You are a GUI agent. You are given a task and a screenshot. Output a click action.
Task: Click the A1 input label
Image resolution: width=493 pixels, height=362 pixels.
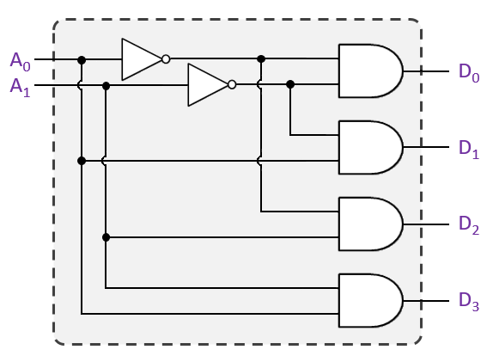coord(20,86)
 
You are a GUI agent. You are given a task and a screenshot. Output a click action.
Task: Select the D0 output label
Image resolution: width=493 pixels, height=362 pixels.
coord(468,71)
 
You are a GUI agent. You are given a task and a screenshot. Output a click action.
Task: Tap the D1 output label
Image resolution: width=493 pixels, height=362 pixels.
coord(468,147)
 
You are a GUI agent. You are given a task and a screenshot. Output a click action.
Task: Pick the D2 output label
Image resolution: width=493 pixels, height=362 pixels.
coord(468,224)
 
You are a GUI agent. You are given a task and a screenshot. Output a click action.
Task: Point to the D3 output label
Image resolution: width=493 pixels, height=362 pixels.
coord(468,301)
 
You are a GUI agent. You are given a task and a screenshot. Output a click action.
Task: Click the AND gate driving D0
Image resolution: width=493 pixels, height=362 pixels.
coord(369,71)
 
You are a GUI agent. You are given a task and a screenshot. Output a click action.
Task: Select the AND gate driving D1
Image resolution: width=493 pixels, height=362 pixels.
coord(369,147)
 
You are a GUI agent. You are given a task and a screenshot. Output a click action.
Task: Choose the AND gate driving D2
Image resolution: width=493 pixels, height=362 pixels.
coord(369,224)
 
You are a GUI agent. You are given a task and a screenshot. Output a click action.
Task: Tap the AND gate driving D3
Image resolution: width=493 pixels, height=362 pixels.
coord(369,301)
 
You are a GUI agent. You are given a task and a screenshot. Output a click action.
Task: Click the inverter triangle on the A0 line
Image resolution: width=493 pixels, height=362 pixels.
coord(140,59)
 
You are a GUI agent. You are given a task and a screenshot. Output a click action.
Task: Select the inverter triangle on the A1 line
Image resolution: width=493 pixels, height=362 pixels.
coord(207,85)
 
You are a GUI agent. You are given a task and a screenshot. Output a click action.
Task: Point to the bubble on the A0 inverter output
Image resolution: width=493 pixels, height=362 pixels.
coord(166,59)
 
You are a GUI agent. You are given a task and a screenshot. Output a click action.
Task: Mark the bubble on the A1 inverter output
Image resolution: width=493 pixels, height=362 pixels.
coord(232,85)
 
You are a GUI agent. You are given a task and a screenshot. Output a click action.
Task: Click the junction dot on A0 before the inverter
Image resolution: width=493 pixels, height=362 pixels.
coord(82,59)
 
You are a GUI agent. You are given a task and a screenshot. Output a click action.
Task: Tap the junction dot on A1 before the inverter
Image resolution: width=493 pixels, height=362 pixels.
coord(106,85)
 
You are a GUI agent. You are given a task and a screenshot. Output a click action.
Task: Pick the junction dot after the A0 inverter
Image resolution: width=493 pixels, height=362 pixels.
coord(261,59)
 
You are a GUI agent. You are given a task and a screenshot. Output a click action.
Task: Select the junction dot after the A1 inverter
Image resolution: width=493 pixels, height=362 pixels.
coord(290,84)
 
